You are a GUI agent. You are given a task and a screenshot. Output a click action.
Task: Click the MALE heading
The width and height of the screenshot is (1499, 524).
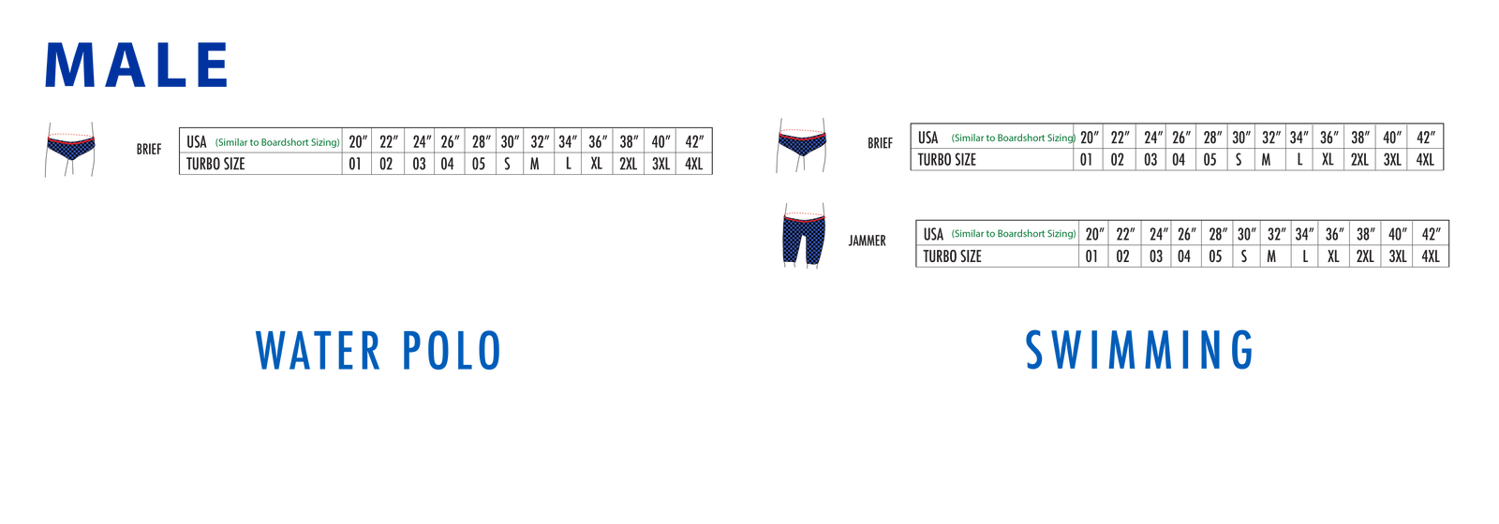(x=137, y=65)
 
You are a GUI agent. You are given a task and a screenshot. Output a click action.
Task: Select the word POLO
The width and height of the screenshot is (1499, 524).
(x=452, y=351)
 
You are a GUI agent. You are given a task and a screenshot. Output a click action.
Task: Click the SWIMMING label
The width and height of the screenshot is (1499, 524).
(x=1139, y=350)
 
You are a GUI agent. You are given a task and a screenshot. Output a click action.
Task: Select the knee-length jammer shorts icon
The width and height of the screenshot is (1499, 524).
(x=804, y=239)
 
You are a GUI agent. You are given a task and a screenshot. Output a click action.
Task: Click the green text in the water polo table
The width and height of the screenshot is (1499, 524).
(x=276, y=142)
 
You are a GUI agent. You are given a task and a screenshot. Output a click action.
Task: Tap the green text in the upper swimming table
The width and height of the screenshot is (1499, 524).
(x=1013, y=138)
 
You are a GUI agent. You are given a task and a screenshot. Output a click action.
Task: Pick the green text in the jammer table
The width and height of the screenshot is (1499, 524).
(x=1013, y=234)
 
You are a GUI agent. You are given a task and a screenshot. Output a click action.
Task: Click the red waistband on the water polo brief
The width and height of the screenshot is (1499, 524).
(x=72, y=133)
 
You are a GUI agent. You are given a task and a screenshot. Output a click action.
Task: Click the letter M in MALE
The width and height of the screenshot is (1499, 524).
(x=65, y=65)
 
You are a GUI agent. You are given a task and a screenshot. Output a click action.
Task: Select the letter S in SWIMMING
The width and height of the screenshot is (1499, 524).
(x=1034, y=350)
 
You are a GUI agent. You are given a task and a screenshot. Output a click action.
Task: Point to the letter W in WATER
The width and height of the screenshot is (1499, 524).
(x=268, y=351)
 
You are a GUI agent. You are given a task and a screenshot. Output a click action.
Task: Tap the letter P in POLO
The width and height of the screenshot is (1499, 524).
(x=413, y=351)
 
